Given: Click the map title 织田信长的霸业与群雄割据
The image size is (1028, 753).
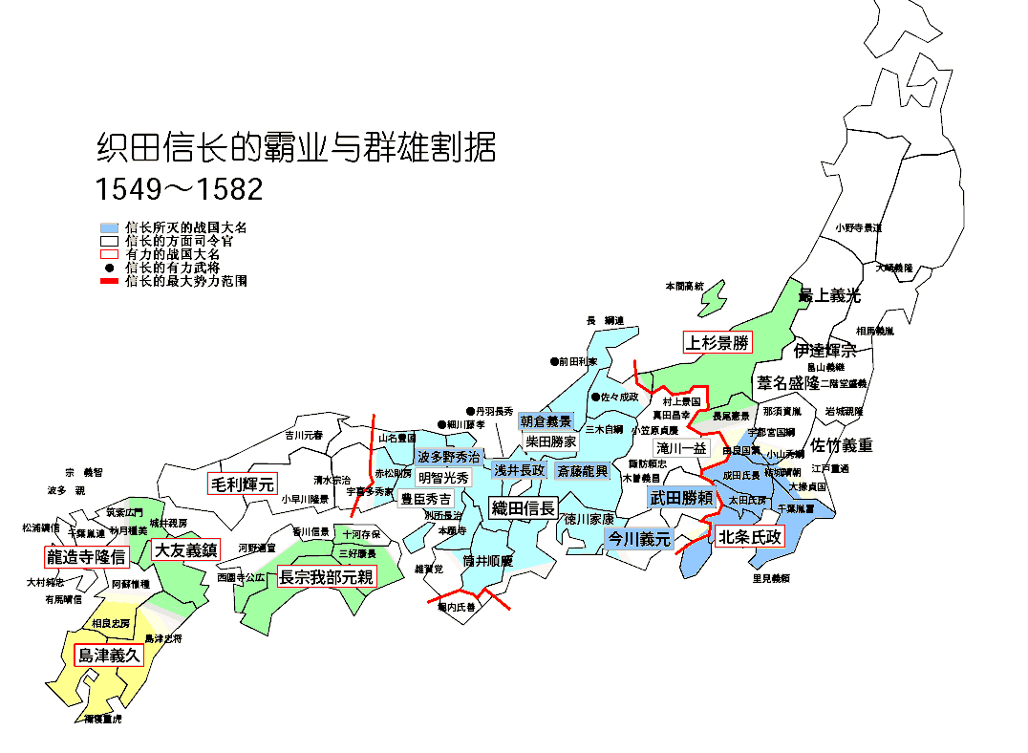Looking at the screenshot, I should (x=296, y=148).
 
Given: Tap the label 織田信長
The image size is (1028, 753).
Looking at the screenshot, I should (x=523, y=508).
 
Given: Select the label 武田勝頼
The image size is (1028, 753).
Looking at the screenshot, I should (x=681, y=498).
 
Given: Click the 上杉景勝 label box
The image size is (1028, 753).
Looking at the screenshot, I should (x=717, y=343).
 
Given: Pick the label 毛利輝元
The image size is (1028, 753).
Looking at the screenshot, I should (x=242, y=484).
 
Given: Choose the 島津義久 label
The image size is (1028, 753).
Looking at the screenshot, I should (x=109, y=656).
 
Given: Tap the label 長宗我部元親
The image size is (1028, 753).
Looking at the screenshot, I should (x=326, y=576).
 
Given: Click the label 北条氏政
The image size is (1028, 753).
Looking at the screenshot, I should (x=750, y=537).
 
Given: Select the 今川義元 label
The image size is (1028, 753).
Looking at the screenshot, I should (x=640, y=539).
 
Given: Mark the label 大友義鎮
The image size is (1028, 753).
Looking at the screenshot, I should (x=185, y=549).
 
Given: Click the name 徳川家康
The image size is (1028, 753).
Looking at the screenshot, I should (x=589, y=520).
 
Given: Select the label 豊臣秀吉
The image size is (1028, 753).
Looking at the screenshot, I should (x=425, y=499).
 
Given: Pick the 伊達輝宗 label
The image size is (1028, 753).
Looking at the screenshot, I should (x=825, y=351).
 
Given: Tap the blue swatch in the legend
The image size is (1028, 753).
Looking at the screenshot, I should (x=109, y=228).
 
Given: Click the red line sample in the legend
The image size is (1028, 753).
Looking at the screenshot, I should (x=109, y=282).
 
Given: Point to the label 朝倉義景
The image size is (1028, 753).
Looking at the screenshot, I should (x=546, y=421).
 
